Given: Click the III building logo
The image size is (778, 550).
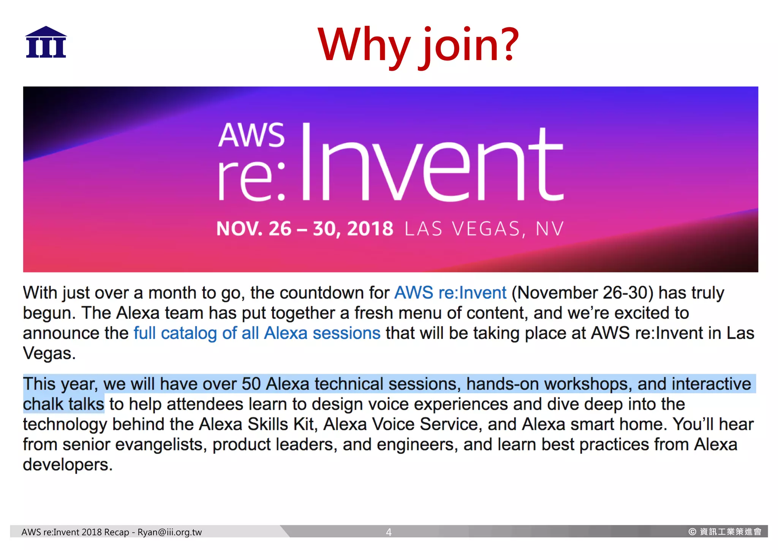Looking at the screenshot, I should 46,42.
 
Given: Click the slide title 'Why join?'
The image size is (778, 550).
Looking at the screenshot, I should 418,44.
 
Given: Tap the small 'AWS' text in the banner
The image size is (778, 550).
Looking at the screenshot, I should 251,135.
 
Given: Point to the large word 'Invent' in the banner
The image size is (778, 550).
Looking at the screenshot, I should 432,163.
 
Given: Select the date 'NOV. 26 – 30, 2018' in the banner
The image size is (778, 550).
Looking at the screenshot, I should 305,229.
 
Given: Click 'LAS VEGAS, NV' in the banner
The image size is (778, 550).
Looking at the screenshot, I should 484,229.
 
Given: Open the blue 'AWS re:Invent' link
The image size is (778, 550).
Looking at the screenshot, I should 450,293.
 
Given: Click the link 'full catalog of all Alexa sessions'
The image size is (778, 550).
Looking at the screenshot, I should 257,333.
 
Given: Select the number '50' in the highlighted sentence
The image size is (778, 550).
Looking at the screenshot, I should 251,384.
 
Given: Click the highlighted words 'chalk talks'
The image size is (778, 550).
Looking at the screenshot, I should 63,404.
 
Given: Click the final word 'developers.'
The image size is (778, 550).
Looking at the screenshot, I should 68,464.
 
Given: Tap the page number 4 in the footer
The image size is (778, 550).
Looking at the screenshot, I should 389,532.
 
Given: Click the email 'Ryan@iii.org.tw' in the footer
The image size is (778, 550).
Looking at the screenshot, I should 169,532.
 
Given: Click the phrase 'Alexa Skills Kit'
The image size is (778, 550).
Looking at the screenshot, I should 258,424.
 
